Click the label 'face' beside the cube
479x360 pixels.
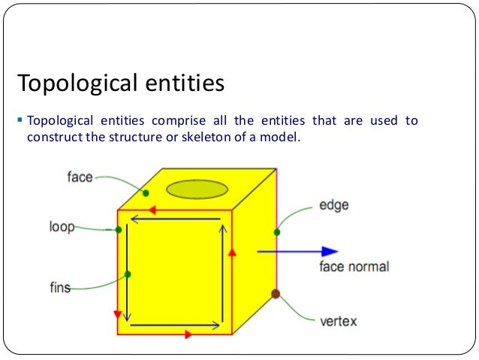[x=80, y=177]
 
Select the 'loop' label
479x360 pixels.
[x=62, y=226]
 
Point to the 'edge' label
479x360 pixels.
[x=333, y=204]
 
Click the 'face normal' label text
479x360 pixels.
[x=354, y=267]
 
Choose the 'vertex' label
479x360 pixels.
[x=338, y=322]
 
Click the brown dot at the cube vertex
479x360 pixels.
[x=276, y=294]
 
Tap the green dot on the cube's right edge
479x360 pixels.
[x=277, y=232]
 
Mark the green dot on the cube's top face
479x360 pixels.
[x=146, y=193]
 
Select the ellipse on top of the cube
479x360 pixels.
[x=197, y=189]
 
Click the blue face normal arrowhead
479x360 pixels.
[x=330, y=252]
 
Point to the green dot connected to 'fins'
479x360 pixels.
[x=128, y=274]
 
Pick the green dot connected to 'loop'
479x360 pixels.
[x=119, y=229]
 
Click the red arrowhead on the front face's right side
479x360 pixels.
[x=232, y=252]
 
